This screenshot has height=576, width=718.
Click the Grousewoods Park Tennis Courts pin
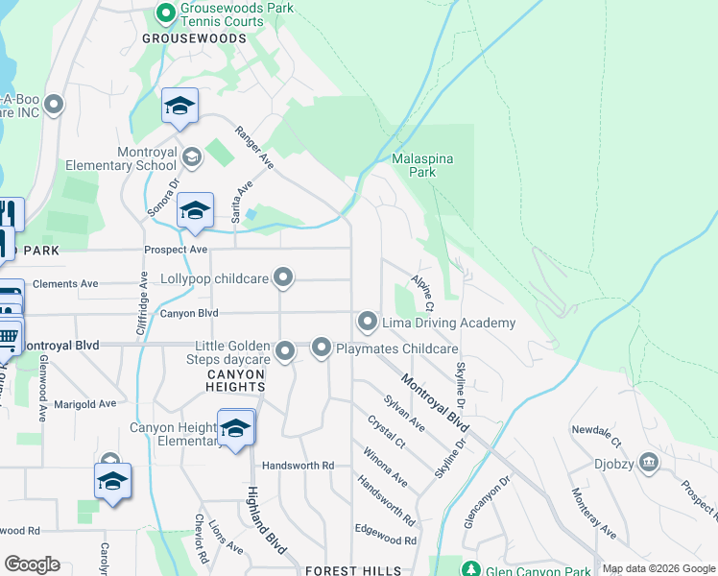point(165,13)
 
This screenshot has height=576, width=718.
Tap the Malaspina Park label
point(422,165)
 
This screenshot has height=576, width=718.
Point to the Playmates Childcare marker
point(322,348)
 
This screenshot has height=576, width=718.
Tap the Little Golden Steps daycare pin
point(285,353)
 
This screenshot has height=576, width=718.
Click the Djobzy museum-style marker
point(648,464)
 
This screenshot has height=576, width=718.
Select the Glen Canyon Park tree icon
point(470,569)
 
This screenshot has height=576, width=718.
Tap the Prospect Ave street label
point(176,250)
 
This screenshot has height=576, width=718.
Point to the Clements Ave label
point(65,284)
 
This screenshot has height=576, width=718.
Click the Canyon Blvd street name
point(189,313)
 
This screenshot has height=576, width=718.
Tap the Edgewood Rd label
point(385,540)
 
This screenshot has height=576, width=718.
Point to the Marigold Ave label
point(85,404)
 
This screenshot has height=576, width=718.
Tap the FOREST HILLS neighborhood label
point(354,570)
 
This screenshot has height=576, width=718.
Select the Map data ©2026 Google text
point(658,569)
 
